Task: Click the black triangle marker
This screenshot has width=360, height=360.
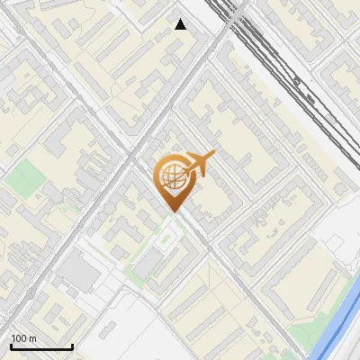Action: click(181, 24)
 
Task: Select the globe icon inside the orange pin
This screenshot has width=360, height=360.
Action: click(170, 176)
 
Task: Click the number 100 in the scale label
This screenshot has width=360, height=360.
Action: click(19, 338)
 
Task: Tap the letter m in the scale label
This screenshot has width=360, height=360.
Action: click(32, 338)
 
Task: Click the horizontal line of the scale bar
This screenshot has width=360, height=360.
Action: click(41, 347)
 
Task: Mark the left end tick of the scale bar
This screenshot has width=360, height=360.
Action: click(12, 346)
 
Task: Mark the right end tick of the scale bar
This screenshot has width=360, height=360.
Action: click(72, 346)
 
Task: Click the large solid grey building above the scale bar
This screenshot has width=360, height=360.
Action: click(82, 273)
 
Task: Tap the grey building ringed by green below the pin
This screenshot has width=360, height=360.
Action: click(148, 264)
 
